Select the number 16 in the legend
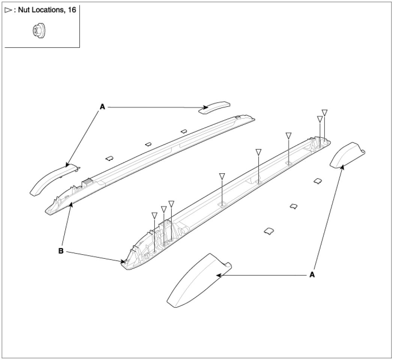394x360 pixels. coord(72,10)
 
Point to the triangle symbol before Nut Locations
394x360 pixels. coord(8,10)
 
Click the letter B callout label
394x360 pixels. coord(61,251)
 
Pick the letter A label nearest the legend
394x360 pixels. coord(102,107)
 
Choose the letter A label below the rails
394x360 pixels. coord(312,275)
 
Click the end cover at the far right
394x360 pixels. coord(347,154)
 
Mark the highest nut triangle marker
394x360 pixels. coord(325,112)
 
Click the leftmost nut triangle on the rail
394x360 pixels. coord(154,215)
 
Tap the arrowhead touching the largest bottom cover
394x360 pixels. coord(219,275)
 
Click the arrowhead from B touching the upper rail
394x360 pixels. coord(72,205)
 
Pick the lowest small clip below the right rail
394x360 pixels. coord(269,231)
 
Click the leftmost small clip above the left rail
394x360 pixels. coord(109,158)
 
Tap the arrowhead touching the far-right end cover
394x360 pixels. coord(341,167)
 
